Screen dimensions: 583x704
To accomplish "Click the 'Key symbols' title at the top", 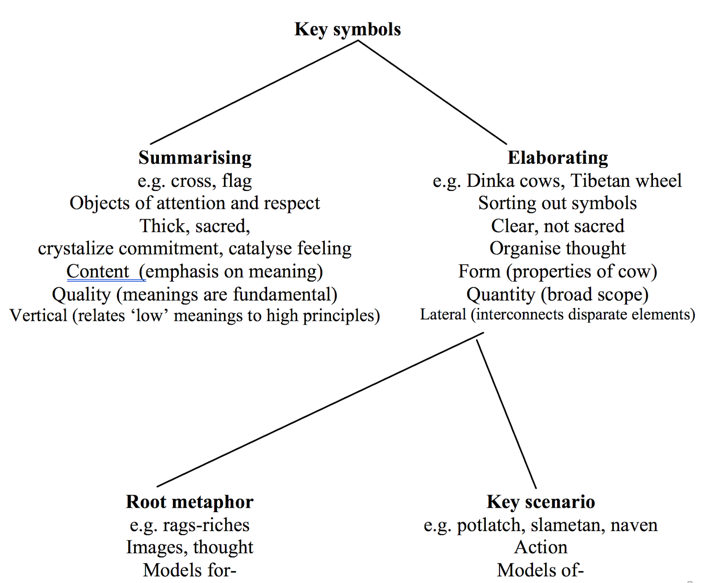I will tap(348, 29).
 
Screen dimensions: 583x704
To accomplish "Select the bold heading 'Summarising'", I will tap(195, 158).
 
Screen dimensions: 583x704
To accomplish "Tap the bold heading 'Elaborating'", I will tap(557, 158).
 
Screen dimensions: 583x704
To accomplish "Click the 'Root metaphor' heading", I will tap(190, 502).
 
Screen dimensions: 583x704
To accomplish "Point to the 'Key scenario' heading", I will tap(541, 502).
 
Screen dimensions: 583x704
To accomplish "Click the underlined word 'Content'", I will tap(98, 271).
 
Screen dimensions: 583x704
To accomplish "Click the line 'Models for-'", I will tap(190, 570).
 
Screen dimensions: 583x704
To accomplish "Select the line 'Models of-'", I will tap(540, 570).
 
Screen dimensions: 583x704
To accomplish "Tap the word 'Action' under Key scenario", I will tap(541, 547).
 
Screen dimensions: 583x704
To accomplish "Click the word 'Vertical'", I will tap(38, 315).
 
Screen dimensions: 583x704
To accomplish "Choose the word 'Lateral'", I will tap(443, 315).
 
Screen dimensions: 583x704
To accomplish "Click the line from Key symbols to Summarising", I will tap(254, 92).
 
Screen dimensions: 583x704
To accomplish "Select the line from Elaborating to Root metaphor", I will tap(320, 409).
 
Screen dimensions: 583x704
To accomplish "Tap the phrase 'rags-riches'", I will tap(206, 525).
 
